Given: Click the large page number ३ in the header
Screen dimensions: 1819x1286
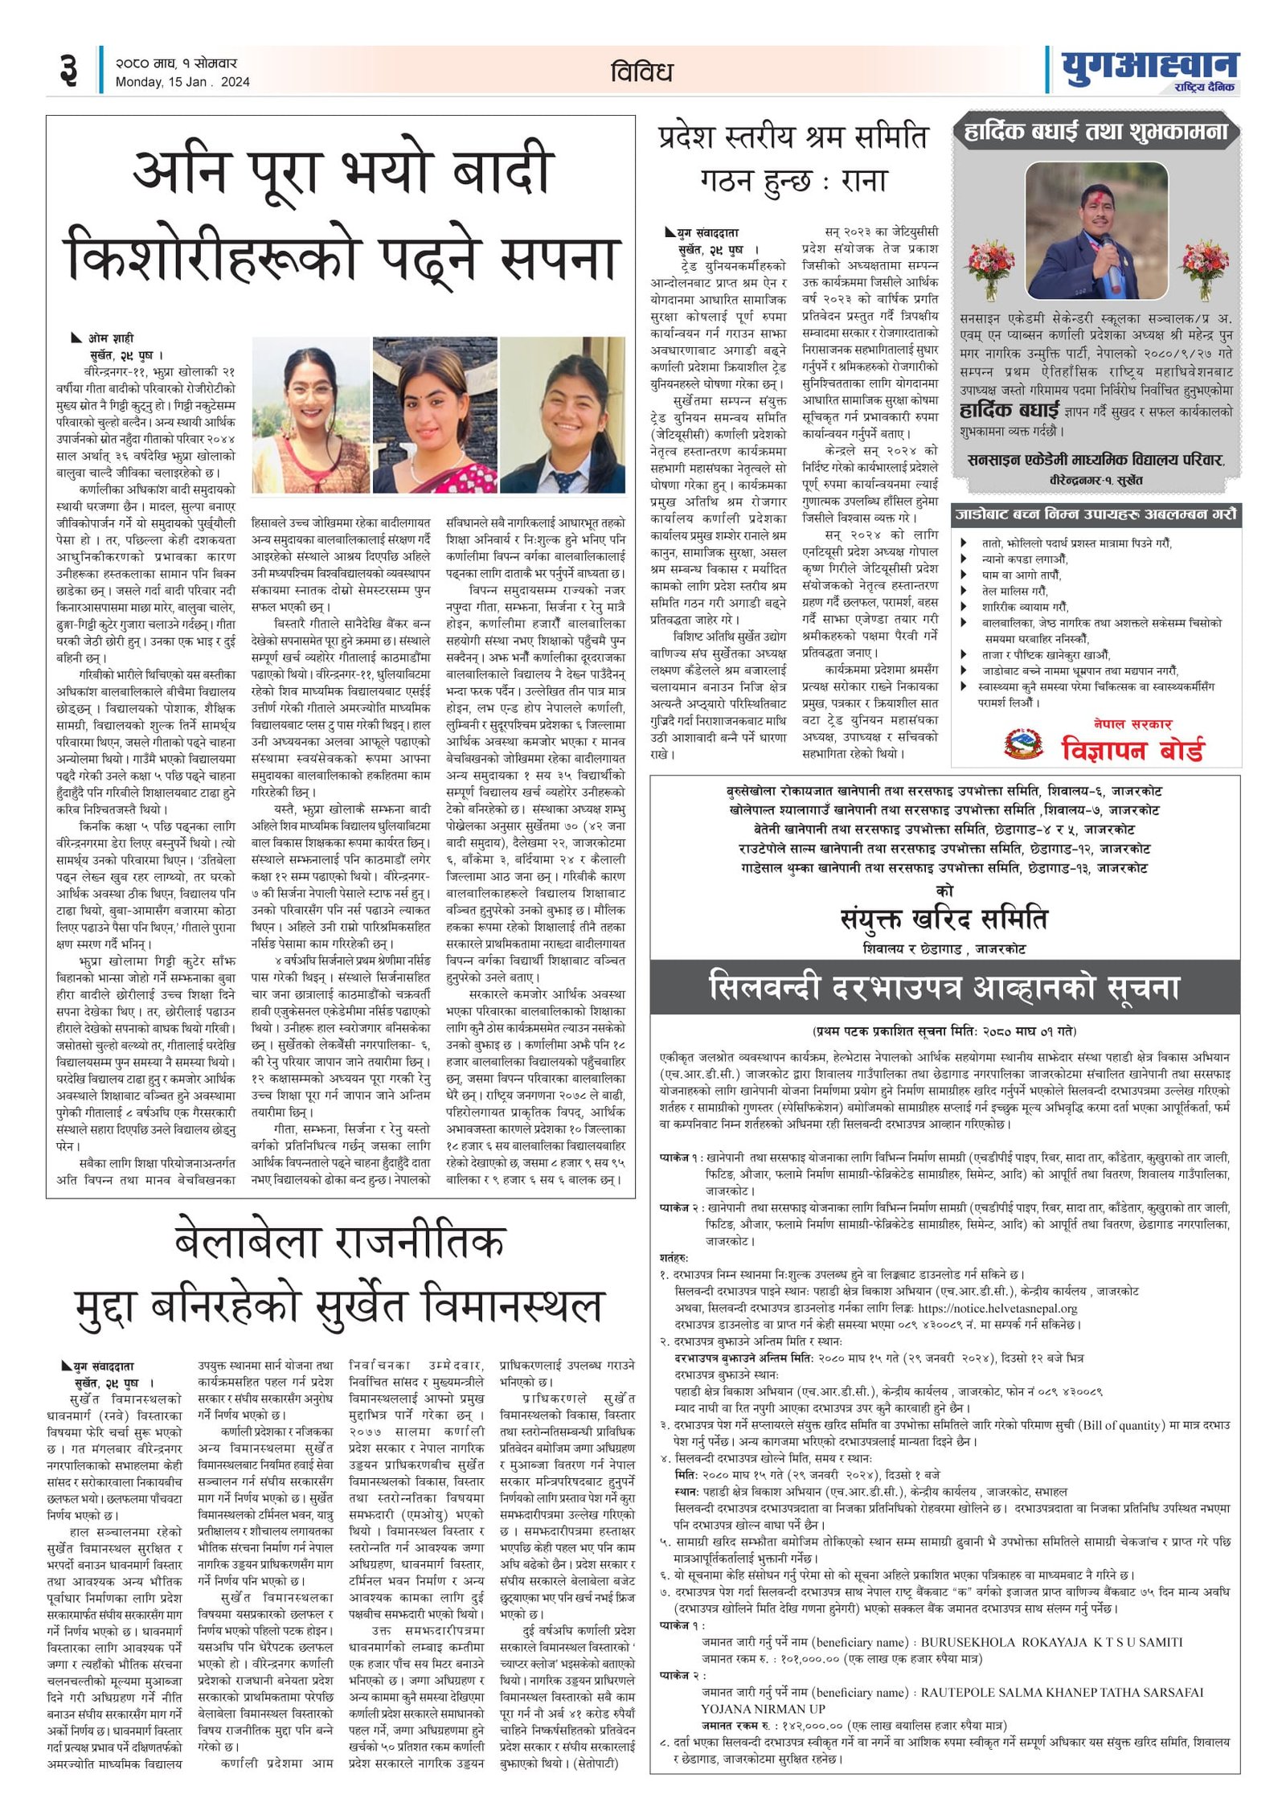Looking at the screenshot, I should [x=69, y=70].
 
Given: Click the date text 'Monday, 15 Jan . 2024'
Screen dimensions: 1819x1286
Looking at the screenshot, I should [x=182, y=82].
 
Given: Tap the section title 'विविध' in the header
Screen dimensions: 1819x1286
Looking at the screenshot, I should [x=641, y=72].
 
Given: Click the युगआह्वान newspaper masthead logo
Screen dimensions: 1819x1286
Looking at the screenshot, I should [x=1149, y=69].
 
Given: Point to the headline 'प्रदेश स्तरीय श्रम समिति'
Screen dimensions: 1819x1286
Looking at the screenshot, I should [x=792, y=137].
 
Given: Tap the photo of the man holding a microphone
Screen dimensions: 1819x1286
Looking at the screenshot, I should [x=1096, y=231].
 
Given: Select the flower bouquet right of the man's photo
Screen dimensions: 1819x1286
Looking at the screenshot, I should [x=1203, y=268].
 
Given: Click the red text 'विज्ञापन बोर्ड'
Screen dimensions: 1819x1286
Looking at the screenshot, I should [x=1132, y=749].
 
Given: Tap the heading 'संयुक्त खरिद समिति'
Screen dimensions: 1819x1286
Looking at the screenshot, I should [x=944, y=918].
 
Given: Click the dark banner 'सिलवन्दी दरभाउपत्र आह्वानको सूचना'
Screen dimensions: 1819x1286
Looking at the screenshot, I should [x=944, y=987].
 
